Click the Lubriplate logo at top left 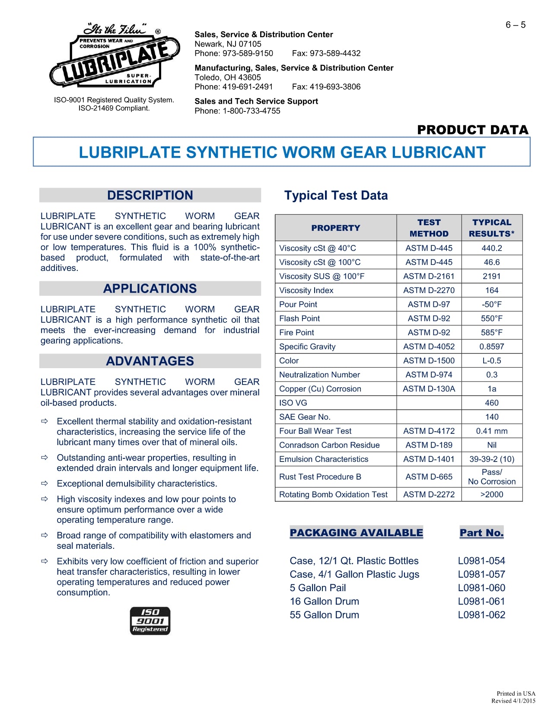(x=115, y=56)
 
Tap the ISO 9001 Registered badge (x=150, y=621)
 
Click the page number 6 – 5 (x=516, y=25)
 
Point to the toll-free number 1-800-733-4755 (x=252, y=111)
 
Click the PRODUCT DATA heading (x=472, y=130)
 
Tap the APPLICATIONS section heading (x=150, y=288)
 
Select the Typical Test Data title (x=336, y=195)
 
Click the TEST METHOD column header (x=429, y=228)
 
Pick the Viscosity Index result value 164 (x=492, y=290)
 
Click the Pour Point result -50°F (x=492, y=304)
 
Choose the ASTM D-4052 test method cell (x=429, y=347)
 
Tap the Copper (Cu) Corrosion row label (x=320, y=389)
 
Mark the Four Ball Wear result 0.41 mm (x=492, y=431)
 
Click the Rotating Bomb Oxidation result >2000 (x=492, y=494)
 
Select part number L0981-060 (x=481, y=588)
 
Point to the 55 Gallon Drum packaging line (x=325, y=615)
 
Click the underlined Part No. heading (x=481, y=533)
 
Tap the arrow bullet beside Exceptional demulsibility (x=45, y=483)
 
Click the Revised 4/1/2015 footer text (x=513, y=701)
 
